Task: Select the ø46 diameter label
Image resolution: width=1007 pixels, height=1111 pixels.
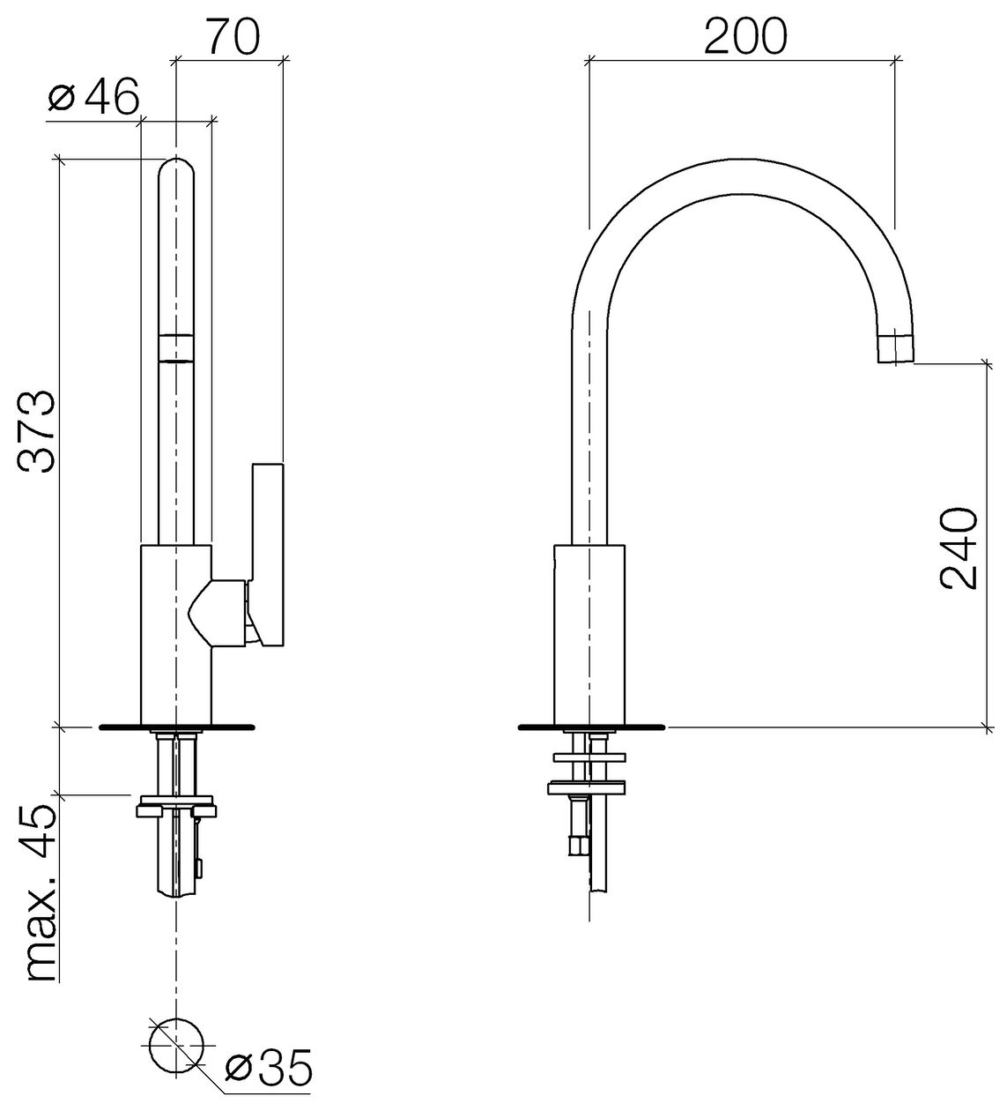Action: pyautogui.click(x=93, y=96)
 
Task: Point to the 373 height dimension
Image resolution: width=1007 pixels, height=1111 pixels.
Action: pyautogui.click(x=37, y=432)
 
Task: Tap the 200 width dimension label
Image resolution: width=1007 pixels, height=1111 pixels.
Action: pyautogui.click(x=744, y=36)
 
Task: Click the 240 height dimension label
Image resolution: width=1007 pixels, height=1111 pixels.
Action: pyautogui.click(x=959, y=548)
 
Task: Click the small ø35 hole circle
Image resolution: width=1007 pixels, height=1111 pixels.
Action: pyautogui.click(x=176, y=1046)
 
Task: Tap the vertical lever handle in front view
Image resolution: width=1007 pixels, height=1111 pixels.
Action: pyautogui.click(x=268, y=555)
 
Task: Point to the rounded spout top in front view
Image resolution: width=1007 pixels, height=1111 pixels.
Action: pyautogui.click(x=176, y=166)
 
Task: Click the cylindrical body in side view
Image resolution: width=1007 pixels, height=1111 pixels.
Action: pyautogui.click(x=589, y=634)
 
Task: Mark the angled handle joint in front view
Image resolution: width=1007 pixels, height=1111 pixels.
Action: pyautogui.click(x=217, y=613)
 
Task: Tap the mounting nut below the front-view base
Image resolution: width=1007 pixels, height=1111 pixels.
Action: pyautogui.click(x=176, y=807)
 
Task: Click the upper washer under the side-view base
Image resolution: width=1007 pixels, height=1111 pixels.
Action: pyautogui.click(x=589, y=757)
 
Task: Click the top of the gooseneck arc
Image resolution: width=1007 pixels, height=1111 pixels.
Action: pyautogui.click(x=742, y=160)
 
